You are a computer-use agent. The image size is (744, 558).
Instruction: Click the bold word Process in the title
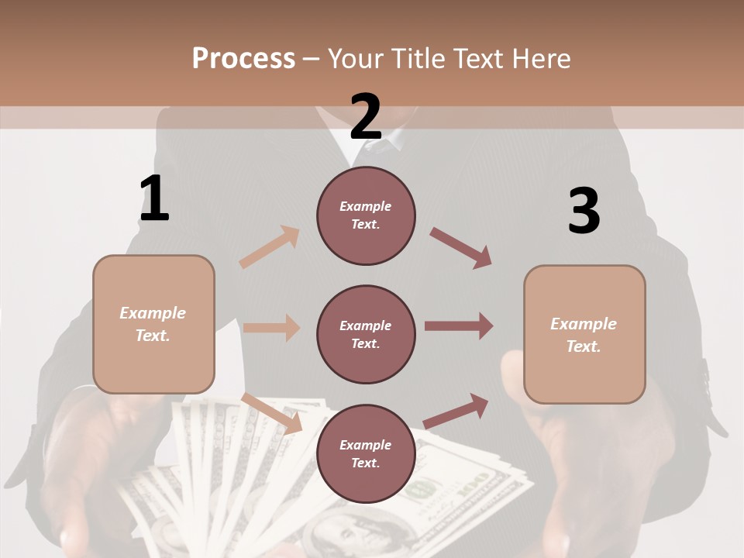(x=243, y=58)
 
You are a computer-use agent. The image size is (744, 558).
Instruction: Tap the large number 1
(x=154, y=198)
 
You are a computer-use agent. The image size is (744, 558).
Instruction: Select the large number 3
(x=584, y=211)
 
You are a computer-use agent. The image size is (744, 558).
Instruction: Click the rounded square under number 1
(x=153, y=324)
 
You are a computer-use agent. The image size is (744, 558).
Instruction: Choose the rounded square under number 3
(x=584, y=334)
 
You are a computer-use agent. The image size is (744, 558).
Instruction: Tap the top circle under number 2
(x=366, y=215)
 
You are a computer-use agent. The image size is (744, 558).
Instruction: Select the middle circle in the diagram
(x=366, y=334)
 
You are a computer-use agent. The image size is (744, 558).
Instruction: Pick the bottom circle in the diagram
(x=366, y=453)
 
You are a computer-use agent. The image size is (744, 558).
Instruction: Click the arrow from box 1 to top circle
(x=269, y=247)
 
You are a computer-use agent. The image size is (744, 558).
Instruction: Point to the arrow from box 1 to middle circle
(x=271, y=328)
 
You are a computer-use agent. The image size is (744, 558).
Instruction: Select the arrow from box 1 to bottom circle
(x=271, y=412)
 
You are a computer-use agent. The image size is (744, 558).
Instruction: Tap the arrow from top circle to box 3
(x=461, y=248)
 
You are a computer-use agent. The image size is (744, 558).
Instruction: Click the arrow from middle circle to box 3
(x=459, y=325)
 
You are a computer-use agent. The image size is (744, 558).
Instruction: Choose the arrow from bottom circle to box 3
(x=456, y=411)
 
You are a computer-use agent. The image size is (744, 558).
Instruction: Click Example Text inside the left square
(x=153, y=324)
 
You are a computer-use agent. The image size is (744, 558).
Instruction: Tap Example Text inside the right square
(x=584, y=334)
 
